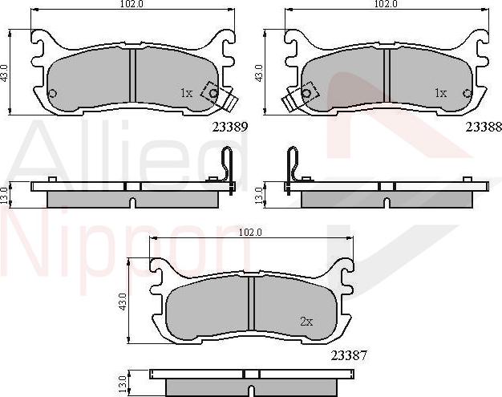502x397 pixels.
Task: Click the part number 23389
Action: point(230,127)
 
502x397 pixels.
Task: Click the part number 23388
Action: point(483,127)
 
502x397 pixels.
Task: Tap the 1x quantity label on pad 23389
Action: point(186,93)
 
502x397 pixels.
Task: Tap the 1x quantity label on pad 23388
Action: point(439,93)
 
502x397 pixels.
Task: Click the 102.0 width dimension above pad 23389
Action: point(133,5)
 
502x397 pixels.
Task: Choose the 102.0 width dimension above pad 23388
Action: point(386,5)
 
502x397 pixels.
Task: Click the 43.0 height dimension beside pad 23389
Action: point(5,71)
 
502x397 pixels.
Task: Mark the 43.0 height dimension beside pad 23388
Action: point(258,71)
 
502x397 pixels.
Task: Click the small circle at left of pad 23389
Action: point(53,94)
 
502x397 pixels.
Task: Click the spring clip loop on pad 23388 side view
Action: point(292,164)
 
